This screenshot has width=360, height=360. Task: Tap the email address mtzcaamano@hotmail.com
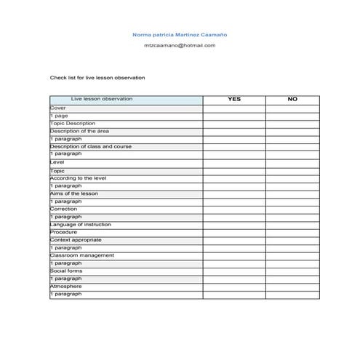pyautogui.click(x=180, y=45)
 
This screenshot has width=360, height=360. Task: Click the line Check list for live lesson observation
pyautogui.click(x=97, y=77)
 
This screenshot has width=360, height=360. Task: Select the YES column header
pyautogui.click(x=233, y=99)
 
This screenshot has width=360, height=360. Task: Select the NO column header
pyautogui.click(x=292, y=99)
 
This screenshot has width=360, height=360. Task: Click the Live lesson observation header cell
pyautogui.click(x=102, y=99)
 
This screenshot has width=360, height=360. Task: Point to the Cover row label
pyautogui.click(x=57, y=107)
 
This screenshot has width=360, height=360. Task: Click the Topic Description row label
pyautogui.click(x=72, y=123)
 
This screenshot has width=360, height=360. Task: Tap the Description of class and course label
pyautogui.click(x=90, y=146)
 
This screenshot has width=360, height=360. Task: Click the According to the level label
pyautogui.click(x=79, y=177)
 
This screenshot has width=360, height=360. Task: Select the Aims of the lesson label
pyautogui.click(x=75, y=193)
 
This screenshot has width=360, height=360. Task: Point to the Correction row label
pyautogui.click(x=64, y=209)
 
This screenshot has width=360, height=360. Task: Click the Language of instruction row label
pyautogui.click(x=80, y=225)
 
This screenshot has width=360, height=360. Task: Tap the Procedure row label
pyautogui.click(x=63, y=232)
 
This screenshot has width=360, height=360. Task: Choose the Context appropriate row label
pyautogui.click(x=76, y=240)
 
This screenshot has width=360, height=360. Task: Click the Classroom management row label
pyautogui.click(x=81, y=255)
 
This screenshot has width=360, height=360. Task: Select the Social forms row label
pyautogui.click(x=65, y=271)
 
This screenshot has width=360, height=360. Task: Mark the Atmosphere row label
pyautogui.click(x=65, y=286)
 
